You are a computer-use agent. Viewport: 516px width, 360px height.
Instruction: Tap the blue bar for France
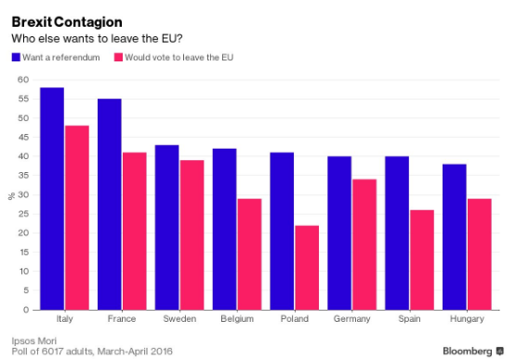coord(110,204)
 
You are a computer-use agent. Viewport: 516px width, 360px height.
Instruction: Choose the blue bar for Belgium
coord(225,229)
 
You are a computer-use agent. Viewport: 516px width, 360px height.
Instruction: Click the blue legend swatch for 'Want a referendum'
coord(15,58)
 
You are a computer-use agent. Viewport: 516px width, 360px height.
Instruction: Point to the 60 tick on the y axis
coord(22,80)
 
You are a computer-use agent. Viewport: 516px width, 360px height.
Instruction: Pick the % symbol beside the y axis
coord(12,195)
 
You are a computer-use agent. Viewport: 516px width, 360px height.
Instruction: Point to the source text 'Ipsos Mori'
coord(33,339)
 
